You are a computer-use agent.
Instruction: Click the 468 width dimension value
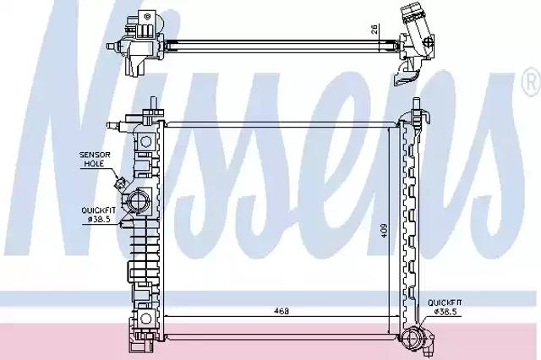[281, 311]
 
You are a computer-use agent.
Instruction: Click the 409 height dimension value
[385, 232]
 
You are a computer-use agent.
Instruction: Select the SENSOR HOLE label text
[95, 159]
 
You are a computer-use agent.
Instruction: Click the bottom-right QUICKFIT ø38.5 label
[445, 308]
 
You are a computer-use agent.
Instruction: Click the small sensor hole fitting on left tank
[121, 183]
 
